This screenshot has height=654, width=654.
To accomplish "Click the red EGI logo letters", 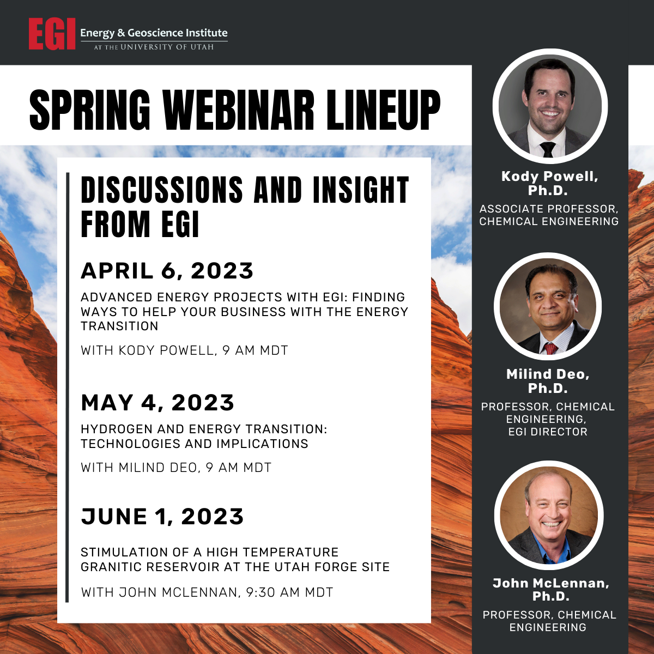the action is pos(52,34).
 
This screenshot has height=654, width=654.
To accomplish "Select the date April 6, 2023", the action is pos(167,271).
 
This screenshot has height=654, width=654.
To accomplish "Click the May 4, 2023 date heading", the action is pos(158,403).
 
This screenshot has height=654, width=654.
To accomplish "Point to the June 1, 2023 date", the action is pos(162,517).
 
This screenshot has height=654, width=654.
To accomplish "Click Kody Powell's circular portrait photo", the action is pos(550,106).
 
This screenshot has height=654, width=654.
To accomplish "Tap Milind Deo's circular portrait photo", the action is pos(548,306).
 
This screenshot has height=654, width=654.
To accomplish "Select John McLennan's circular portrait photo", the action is pos(549,515).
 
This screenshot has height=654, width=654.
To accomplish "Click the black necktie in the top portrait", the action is pos(547,149).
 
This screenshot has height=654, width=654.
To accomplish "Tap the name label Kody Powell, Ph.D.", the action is pos(549,183).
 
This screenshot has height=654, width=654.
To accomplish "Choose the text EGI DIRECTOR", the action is pos(548,432).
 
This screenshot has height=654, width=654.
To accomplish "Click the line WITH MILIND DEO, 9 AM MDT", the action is pos(176,468).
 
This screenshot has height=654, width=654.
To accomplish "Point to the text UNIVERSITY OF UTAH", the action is pos(167,47).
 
